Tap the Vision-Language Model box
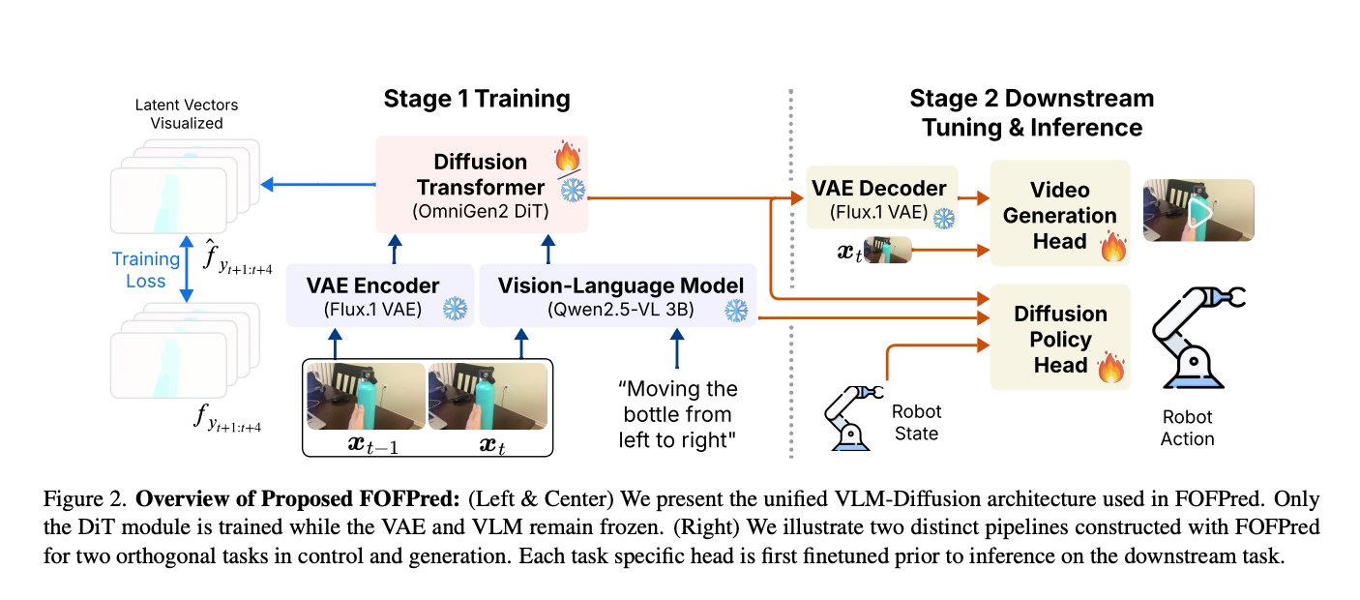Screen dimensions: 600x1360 coord(619,296)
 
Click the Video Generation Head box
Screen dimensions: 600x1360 coord(1059,214)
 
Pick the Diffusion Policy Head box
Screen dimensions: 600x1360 coord(1059,340)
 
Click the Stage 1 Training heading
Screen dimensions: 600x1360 coord(477,99)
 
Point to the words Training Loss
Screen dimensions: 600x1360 coord(146,270)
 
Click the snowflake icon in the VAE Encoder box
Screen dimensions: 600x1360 coord(454,310)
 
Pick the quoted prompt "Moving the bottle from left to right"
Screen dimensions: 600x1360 coord(678,414)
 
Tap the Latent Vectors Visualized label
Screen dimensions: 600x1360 coord(186,114)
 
